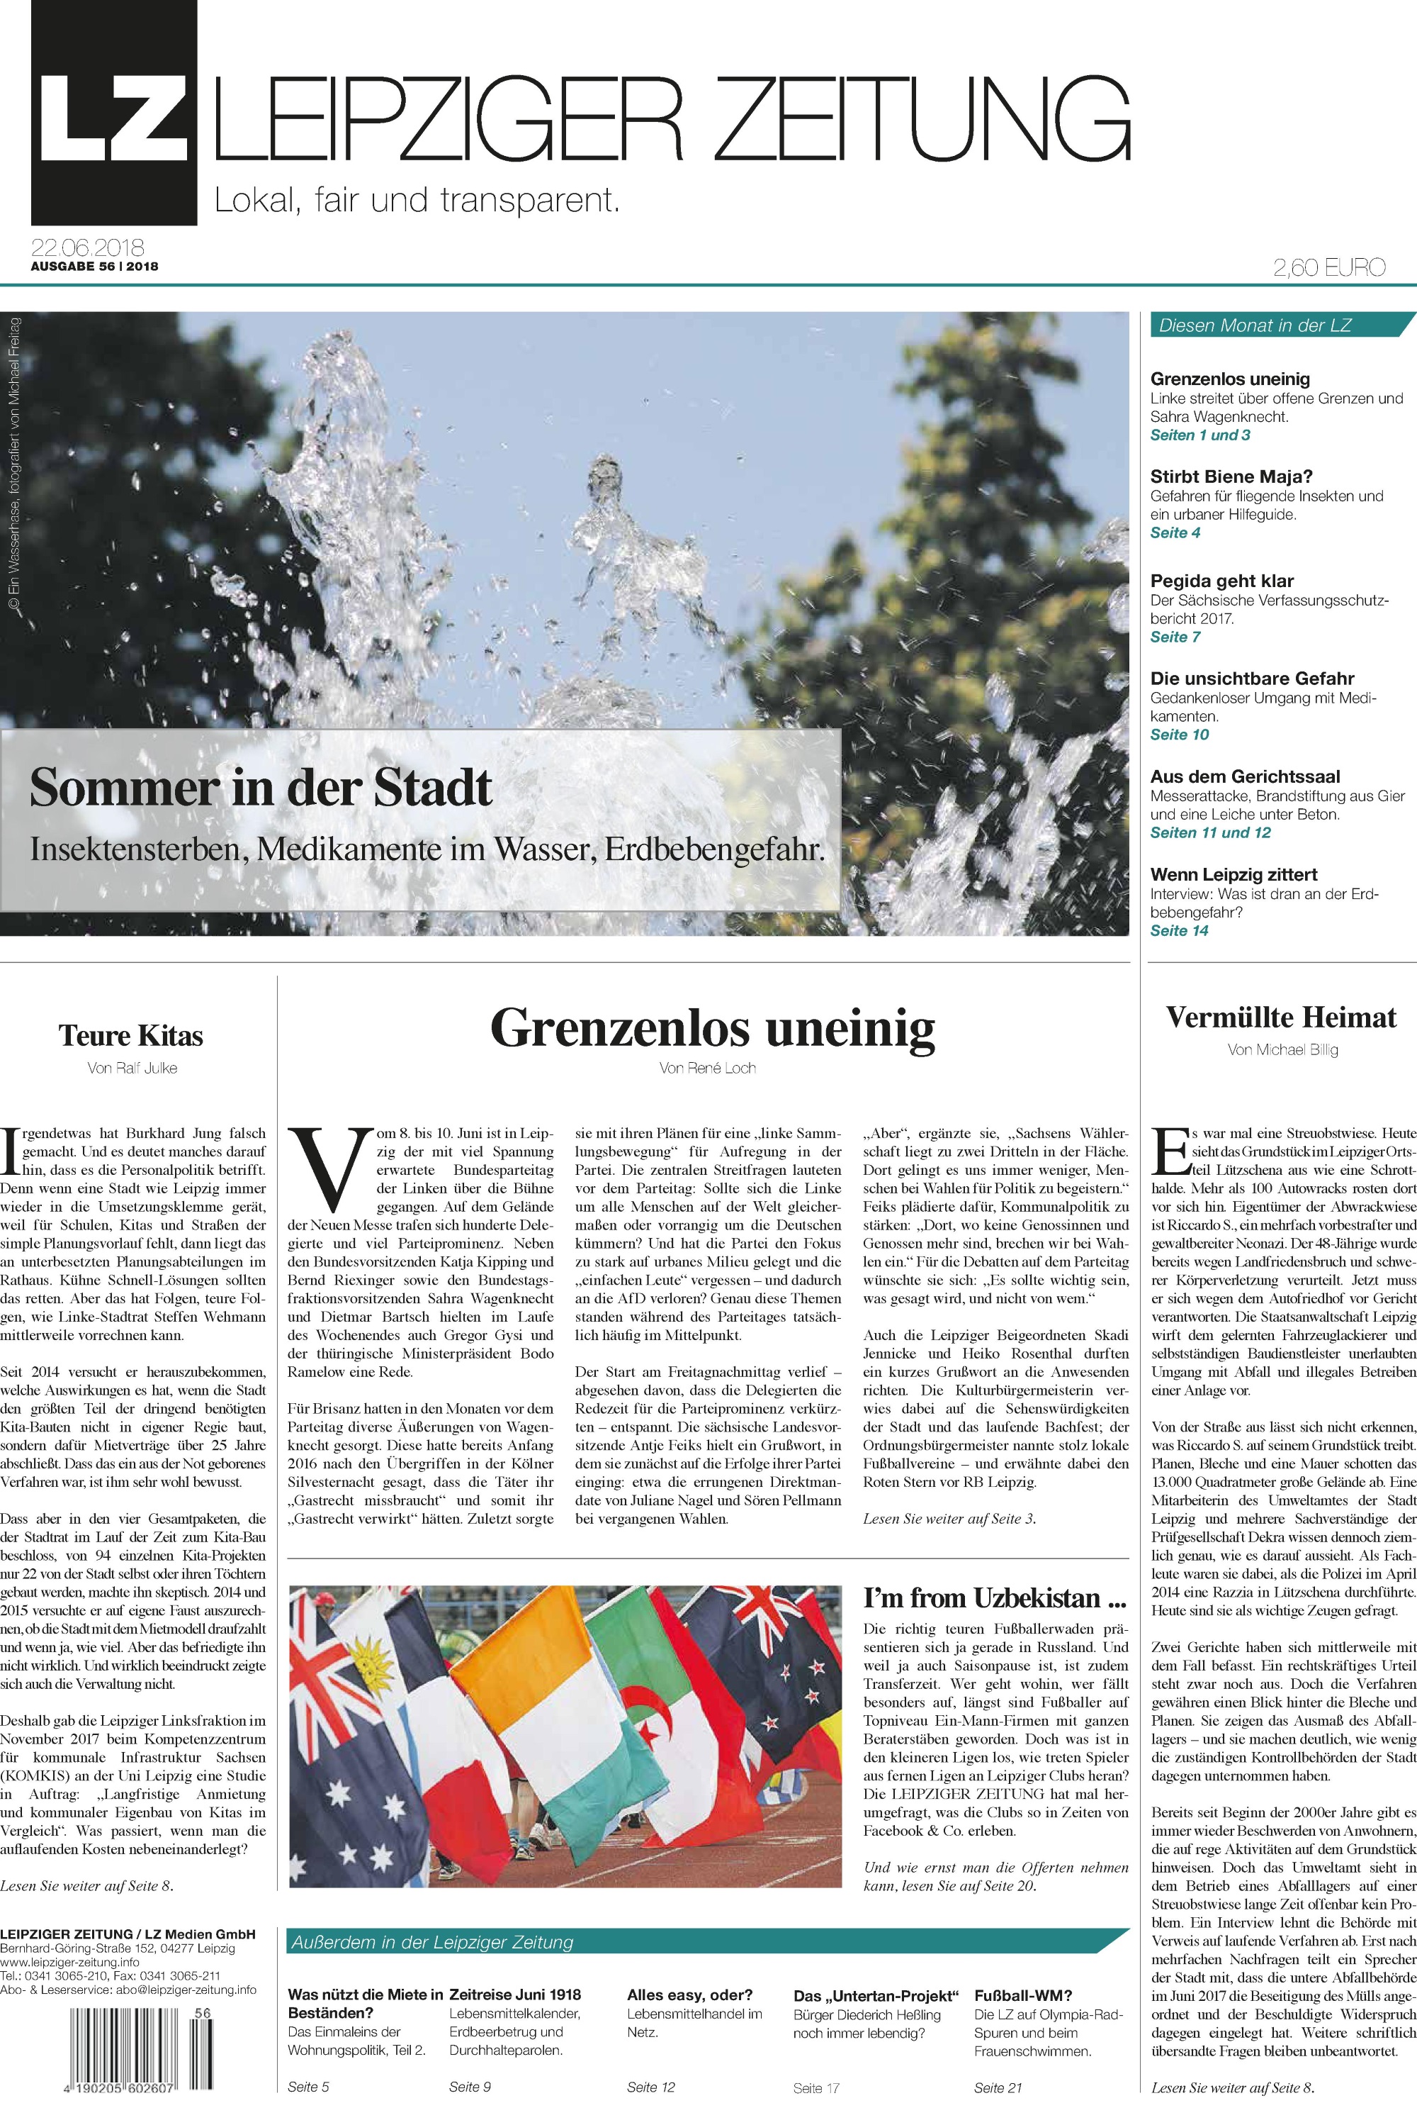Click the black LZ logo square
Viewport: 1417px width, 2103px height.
[114, 113]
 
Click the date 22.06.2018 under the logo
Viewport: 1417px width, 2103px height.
[88, 247]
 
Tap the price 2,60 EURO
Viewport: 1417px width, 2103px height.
[1328, 267]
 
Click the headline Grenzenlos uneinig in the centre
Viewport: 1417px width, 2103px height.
[712, 1027]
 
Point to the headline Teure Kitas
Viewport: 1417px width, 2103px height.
[131, 1034]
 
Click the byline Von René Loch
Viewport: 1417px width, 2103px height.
[708, 1068]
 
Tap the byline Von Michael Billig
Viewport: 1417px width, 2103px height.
[1282, 1049]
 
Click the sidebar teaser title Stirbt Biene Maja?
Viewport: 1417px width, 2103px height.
[1231, 476]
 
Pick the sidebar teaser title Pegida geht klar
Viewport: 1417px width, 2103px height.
[1221, 581]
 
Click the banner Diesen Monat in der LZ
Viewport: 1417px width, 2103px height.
[1255, 325]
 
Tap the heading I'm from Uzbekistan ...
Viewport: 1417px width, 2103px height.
[995, 1597]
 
